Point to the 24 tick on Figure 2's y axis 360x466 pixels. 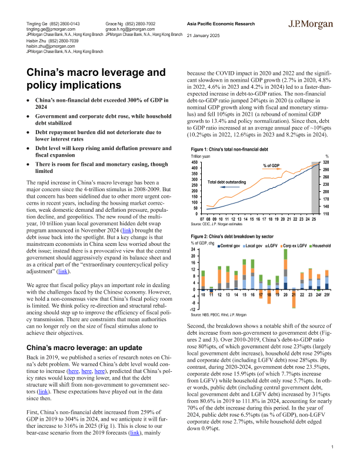point(195,250)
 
